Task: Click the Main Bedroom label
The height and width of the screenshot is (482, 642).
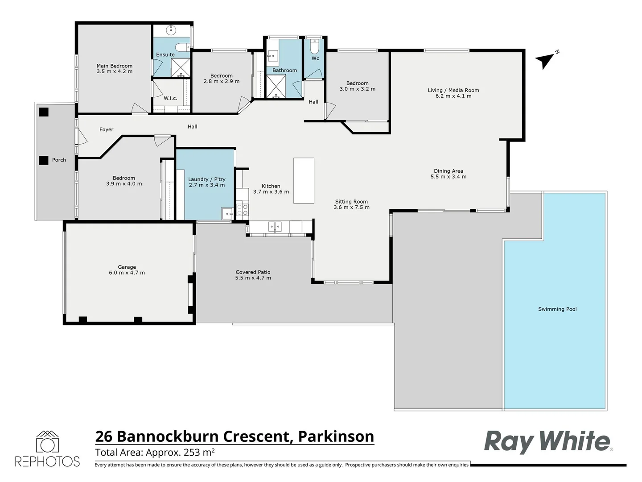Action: [x=115, y=66]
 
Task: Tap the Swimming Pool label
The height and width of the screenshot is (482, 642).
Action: [x=557, y=309]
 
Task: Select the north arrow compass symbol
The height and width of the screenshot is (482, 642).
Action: [x=546, y=60]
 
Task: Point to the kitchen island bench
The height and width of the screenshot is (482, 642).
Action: [x=304, y=180]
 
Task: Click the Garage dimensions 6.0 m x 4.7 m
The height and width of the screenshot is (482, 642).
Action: [x=127, y=273]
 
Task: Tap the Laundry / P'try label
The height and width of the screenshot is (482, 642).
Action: [x=207, y=179]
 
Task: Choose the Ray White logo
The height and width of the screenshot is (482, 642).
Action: [x=547, y=441]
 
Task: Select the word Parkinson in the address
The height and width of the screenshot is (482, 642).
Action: [x=336, y=436]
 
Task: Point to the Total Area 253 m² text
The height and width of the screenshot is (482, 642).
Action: [x=155, y=452]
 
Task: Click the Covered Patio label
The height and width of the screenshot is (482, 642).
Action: [x=253, y=272]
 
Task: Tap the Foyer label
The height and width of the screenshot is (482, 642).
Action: [x=106, y=129]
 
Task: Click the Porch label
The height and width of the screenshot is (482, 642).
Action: [x=59, y=160]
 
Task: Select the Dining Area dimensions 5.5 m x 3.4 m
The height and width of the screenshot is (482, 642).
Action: [x=449, y=177]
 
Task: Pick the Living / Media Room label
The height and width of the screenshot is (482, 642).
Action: [x=453, y=90]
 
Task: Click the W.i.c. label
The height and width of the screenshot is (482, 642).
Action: [x=170, y=98]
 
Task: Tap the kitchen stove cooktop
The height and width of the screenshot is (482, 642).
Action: [x=243, y=210]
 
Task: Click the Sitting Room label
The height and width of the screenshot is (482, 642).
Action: [x=351, y=202]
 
